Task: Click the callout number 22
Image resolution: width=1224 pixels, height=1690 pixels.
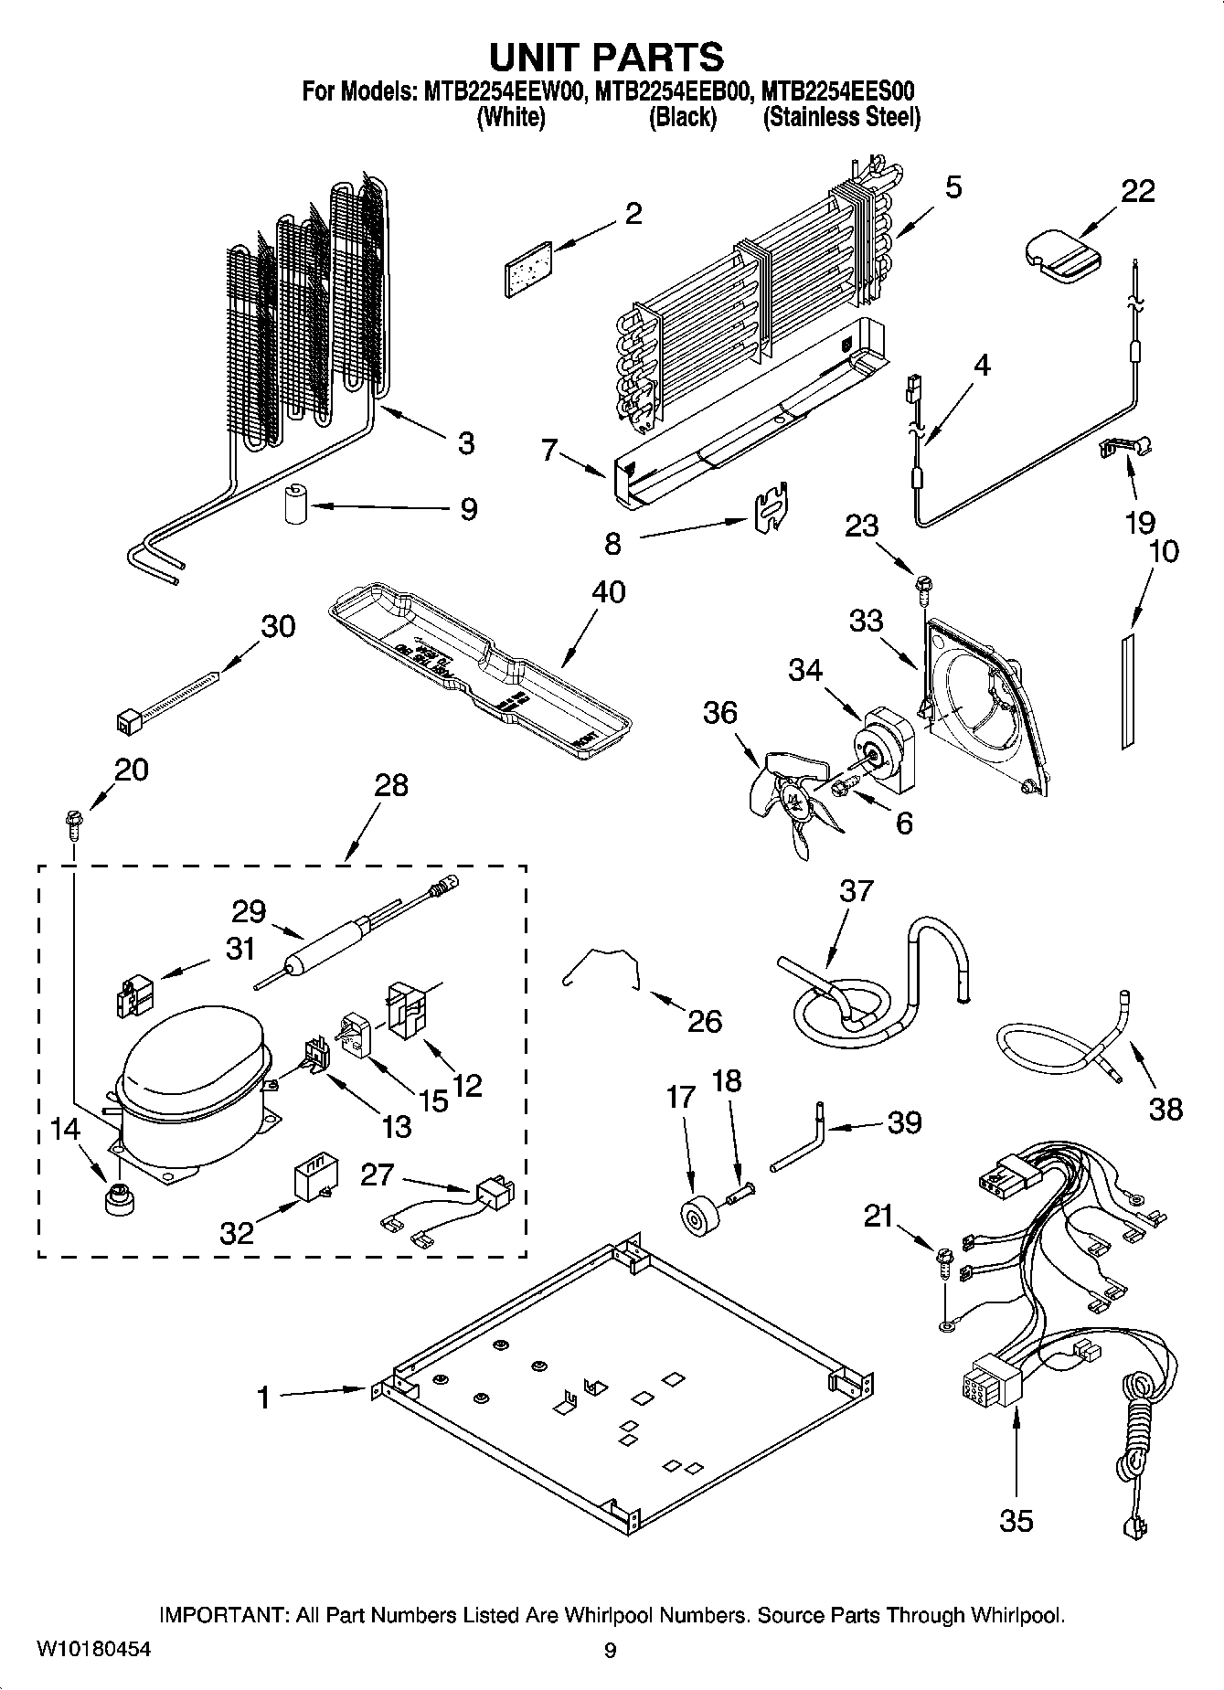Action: pos(1137,191)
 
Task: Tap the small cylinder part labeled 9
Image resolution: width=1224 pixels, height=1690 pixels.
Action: pos(294,505)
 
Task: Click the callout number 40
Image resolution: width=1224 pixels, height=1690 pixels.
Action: pos(609,591)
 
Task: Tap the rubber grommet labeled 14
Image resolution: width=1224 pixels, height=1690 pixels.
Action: pos(117,1197)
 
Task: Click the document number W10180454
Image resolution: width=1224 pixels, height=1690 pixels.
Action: pos(94,1649)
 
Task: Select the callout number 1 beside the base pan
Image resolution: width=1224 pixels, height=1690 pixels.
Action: pos(263,1398)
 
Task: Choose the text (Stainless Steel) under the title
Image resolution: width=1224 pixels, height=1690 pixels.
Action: pos(841,118)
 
